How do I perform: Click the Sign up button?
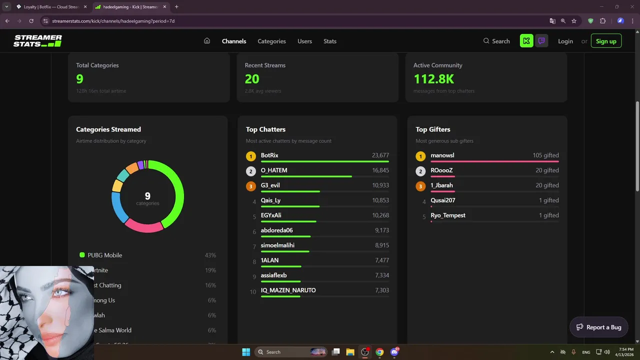(x=606, y=41)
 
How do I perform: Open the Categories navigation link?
(x=271, y=41)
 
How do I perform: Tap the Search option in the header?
(x=496, y=41)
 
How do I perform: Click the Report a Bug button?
(x=599, y=327)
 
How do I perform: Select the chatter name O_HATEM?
(x=274, y=170)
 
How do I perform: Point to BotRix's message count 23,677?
(x=380, y=155)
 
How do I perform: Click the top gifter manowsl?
(x=442, y=155)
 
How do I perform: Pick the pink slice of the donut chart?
(x=144, y=225)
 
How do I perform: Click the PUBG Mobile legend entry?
(x=105, y=255)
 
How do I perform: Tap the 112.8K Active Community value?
(x=433, y=79)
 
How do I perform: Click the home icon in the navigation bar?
(x=207, y=41)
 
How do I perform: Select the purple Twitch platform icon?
(x=541, y=41)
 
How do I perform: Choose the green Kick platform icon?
(x=526, y=41)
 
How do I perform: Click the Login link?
(x=565, y=41)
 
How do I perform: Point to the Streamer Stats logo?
(x=37, y=41)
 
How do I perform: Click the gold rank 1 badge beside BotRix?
(x=251, y=156)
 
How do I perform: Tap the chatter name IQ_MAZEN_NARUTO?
(x=288, y=290)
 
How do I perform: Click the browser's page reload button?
(x=31, y=21)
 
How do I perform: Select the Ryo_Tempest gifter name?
(x=448, y=215)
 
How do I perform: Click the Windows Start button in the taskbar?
(x=246, y=352)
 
